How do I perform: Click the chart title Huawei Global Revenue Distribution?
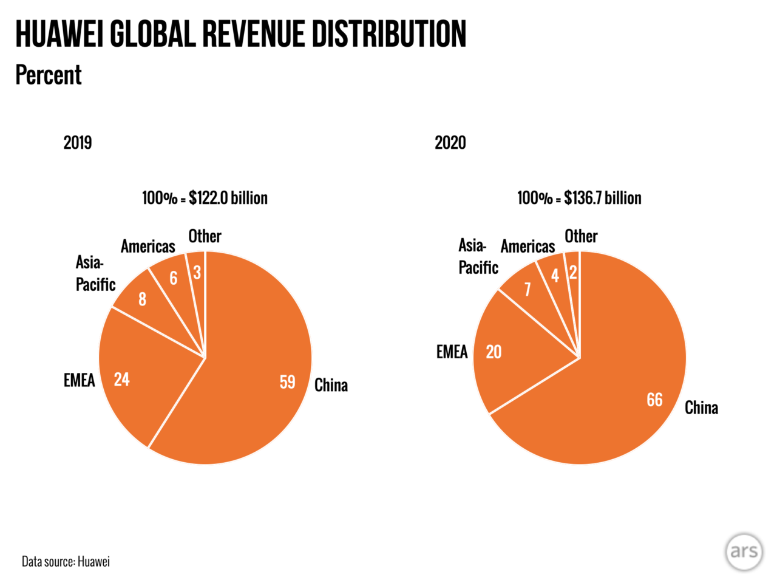point(240,34)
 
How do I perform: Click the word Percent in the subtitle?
point(49,75)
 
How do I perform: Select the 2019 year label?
point(78,143)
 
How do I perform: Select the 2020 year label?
point(450,143)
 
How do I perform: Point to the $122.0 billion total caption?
point(205,198)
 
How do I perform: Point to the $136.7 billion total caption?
point(579,198)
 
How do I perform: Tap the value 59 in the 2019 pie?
point(287,382)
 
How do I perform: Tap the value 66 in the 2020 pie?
point(654,400)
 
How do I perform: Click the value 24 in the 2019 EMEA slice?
point(122,380)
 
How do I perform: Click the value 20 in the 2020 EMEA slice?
point(494,352)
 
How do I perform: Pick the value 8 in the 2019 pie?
point(142,299)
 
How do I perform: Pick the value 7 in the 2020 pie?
point(528,289)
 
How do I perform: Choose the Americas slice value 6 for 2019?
point(174,278)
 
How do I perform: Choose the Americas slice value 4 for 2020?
point(555,276)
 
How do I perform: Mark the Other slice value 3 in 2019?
point(197,273)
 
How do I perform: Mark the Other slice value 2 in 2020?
point(572,273)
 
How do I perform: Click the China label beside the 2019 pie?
point(331,385)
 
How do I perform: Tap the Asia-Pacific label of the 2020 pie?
point(478,256)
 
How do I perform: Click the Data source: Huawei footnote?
point(66,561)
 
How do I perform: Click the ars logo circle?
point(744,551)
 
